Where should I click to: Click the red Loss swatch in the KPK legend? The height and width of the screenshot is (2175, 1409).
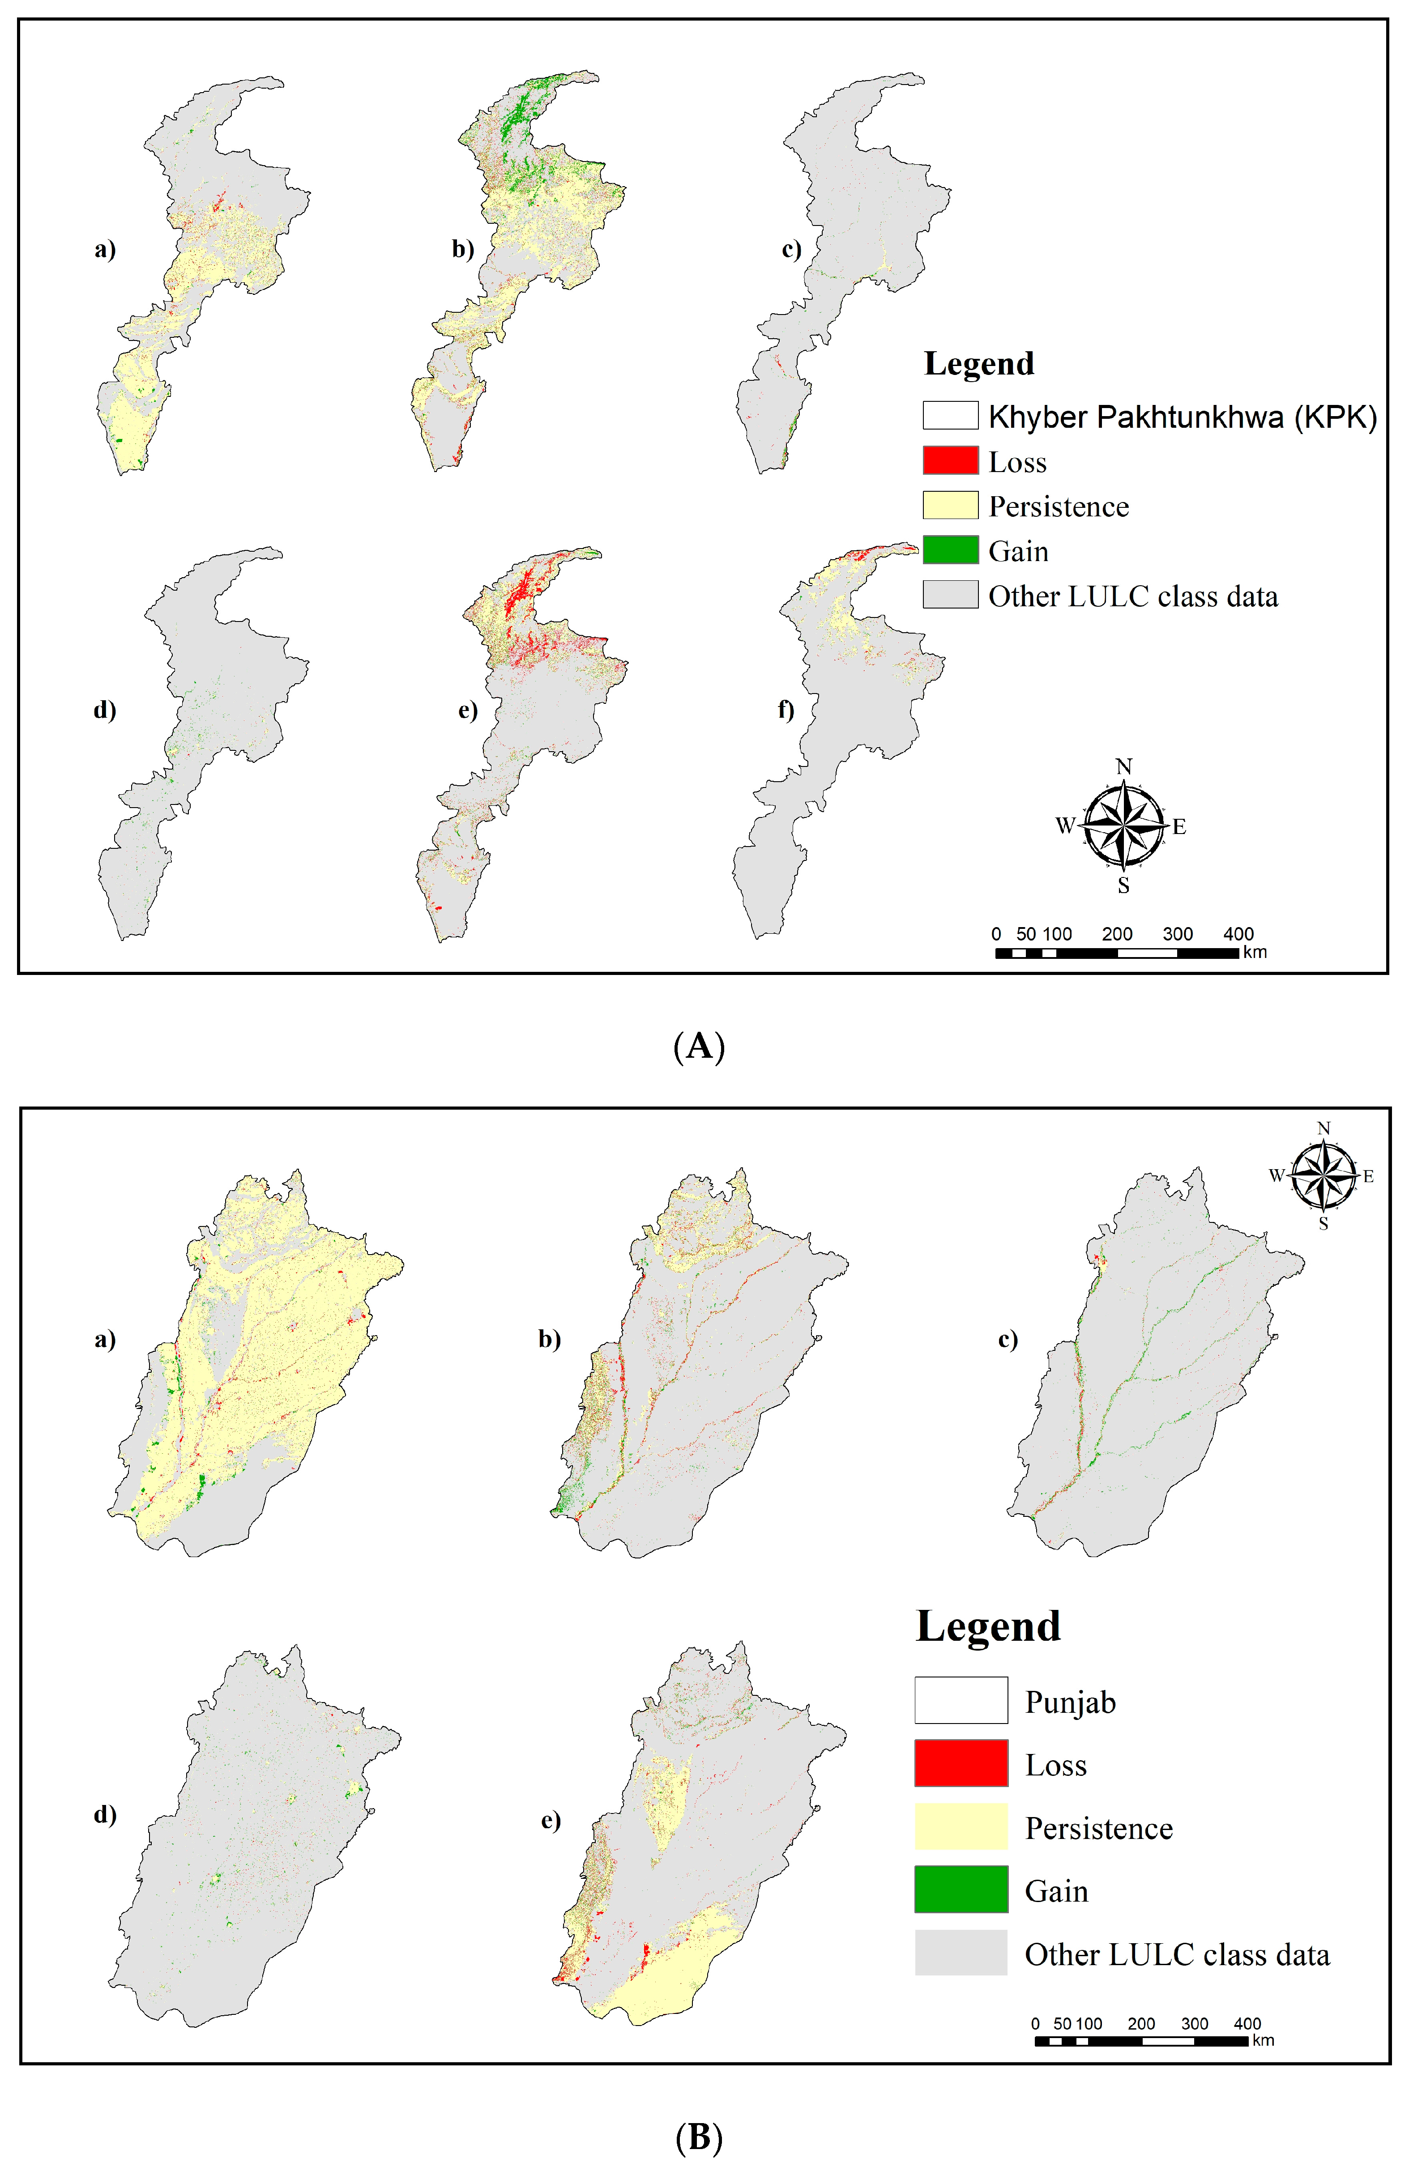950,460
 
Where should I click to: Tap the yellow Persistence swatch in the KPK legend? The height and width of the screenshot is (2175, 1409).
950,505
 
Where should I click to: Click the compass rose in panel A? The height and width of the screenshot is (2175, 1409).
1124,825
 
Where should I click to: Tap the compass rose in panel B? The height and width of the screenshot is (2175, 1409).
1323,1175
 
